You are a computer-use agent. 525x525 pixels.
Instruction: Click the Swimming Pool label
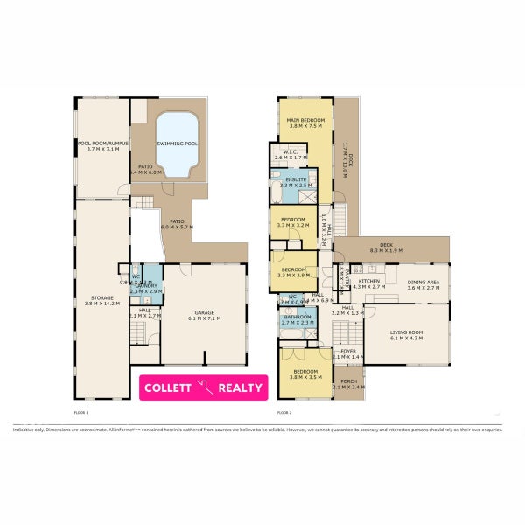coord(177,143)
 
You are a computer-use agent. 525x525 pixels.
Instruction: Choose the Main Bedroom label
coord(300,121)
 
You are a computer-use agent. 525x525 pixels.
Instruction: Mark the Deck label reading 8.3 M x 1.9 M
coord(386,248)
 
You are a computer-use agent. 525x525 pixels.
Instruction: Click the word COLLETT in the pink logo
coord(168,388)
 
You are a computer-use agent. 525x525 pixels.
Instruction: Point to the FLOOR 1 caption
coord(81,412)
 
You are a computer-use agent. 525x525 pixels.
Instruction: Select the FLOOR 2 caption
coord(283,412)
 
